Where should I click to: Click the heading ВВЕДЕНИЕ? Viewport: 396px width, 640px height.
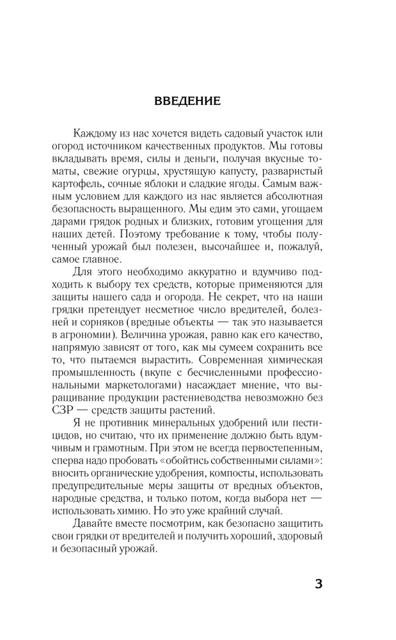pyautogui.click(x=187, y=101)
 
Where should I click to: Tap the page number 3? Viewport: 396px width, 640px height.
pyautogui.click(x=319, y=584)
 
